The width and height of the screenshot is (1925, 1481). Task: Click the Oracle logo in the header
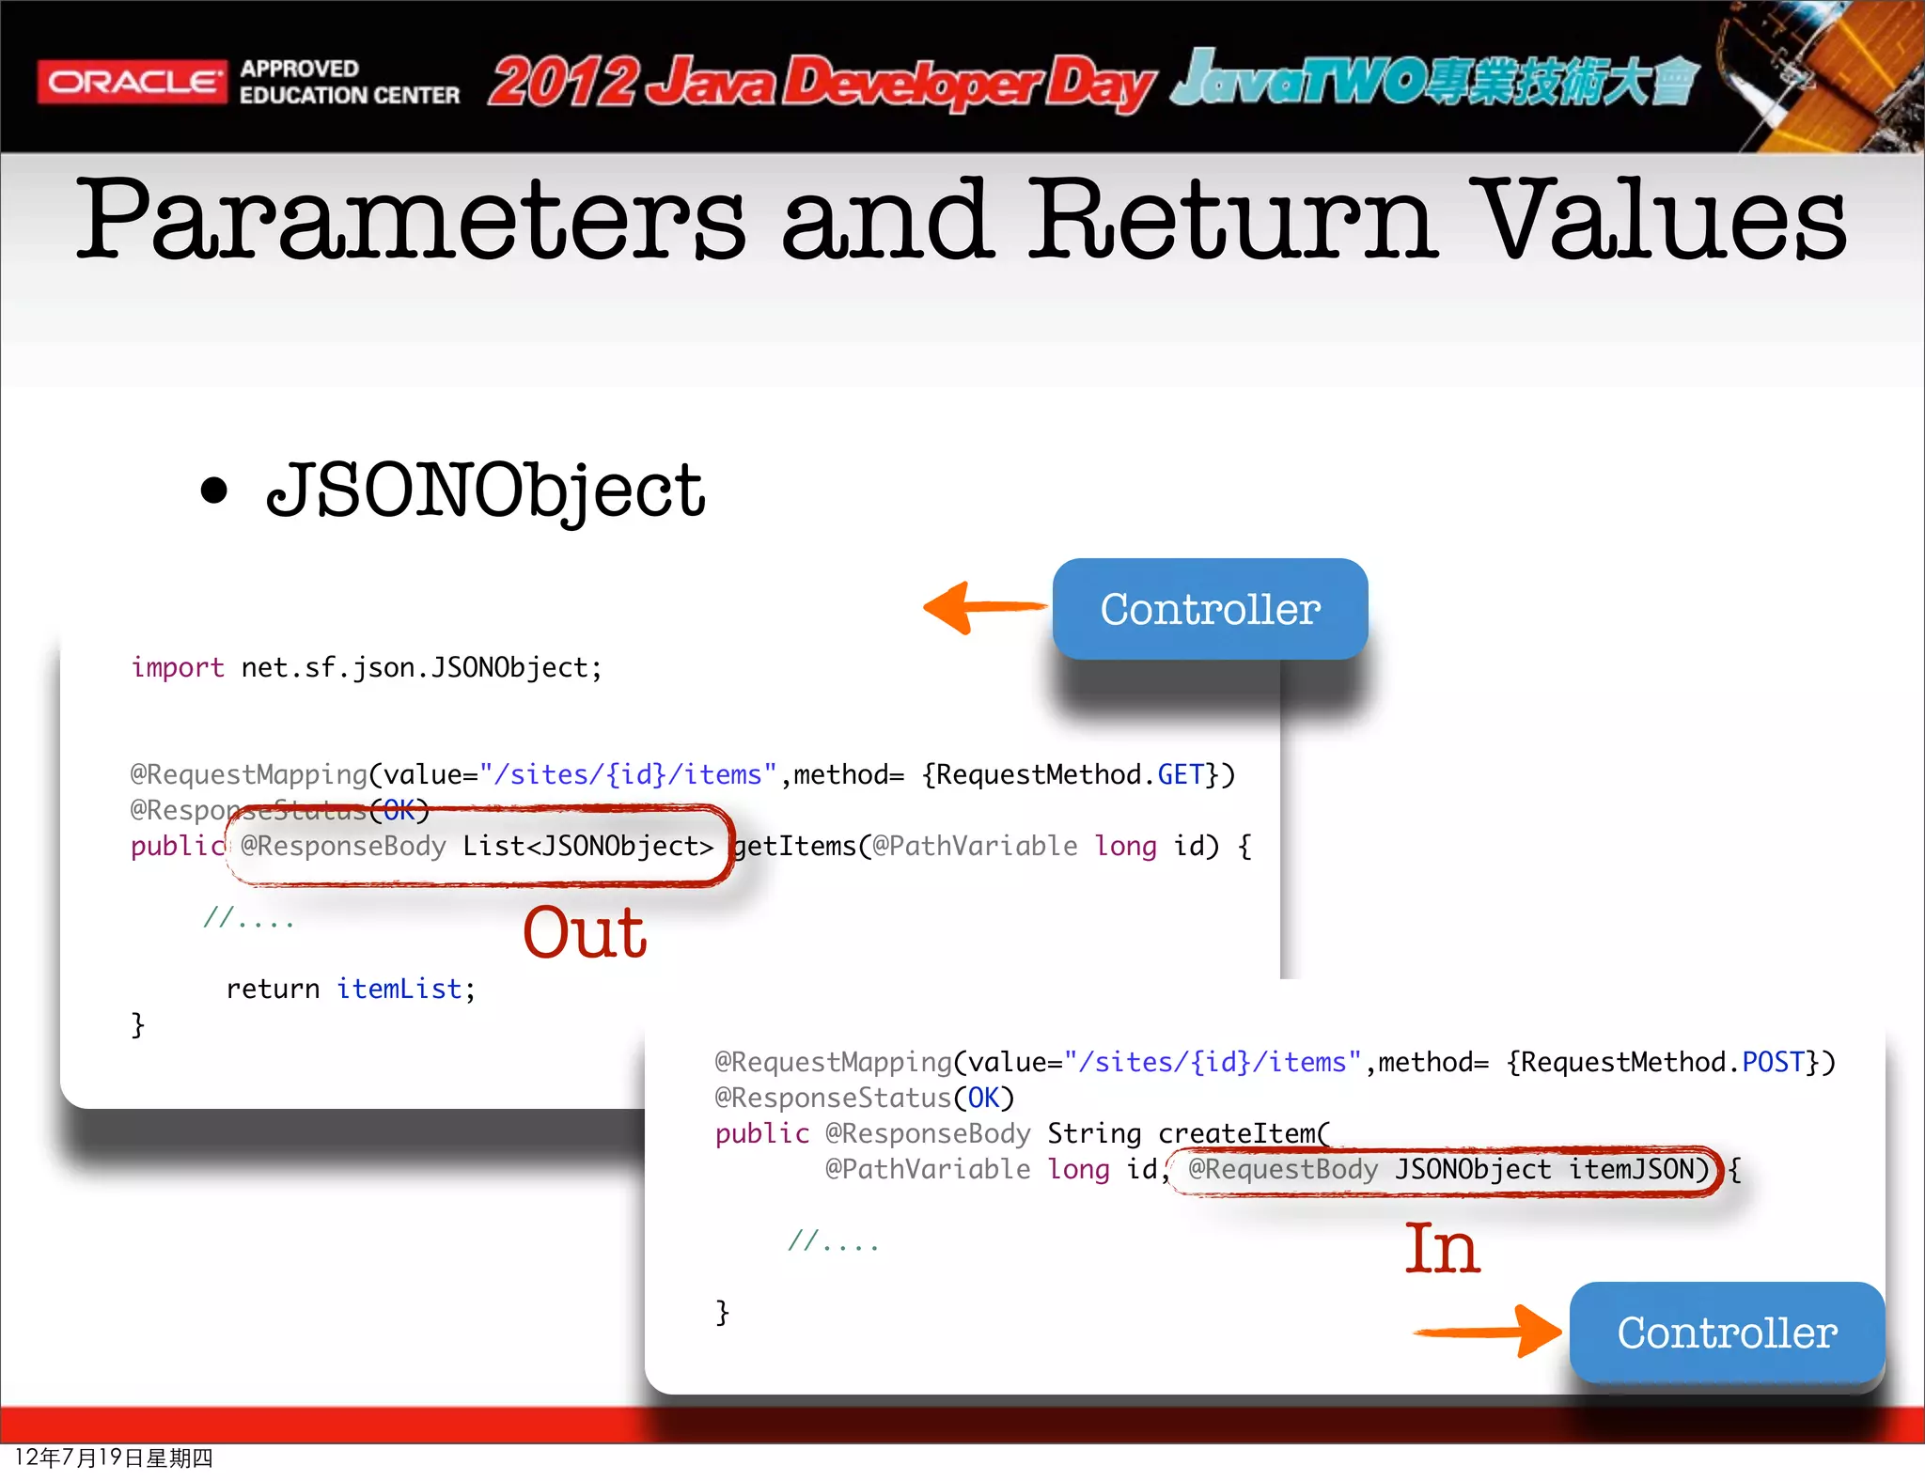pos(132,83)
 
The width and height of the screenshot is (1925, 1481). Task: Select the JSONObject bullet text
pos(485,491)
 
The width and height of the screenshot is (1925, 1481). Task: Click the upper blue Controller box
pos(1210,609)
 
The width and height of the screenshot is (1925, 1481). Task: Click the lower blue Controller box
pos(1727,1333)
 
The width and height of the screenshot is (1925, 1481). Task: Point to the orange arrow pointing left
pos(982,607)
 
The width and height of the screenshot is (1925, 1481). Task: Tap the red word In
pos(1442,1250)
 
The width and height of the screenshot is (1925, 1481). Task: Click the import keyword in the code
pos(178,667)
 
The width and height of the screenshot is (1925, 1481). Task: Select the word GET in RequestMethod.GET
pos(1181,774)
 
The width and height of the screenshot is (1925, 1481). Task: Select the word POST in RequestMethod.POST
pos(1773,1062)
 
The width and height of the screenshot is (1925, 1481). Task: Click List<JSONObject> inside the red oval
pos(587,846)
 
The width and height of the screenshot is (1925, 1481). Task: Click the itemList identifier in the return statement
pos(399,989)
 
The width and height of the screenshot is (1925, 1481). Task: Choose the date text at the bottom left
pos(114,1458)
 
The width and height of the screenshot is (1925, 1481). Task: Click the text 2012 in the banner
pos(564,83)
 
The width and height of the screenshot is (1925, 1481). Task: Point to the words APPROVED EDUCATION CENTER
pos(349,83)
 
